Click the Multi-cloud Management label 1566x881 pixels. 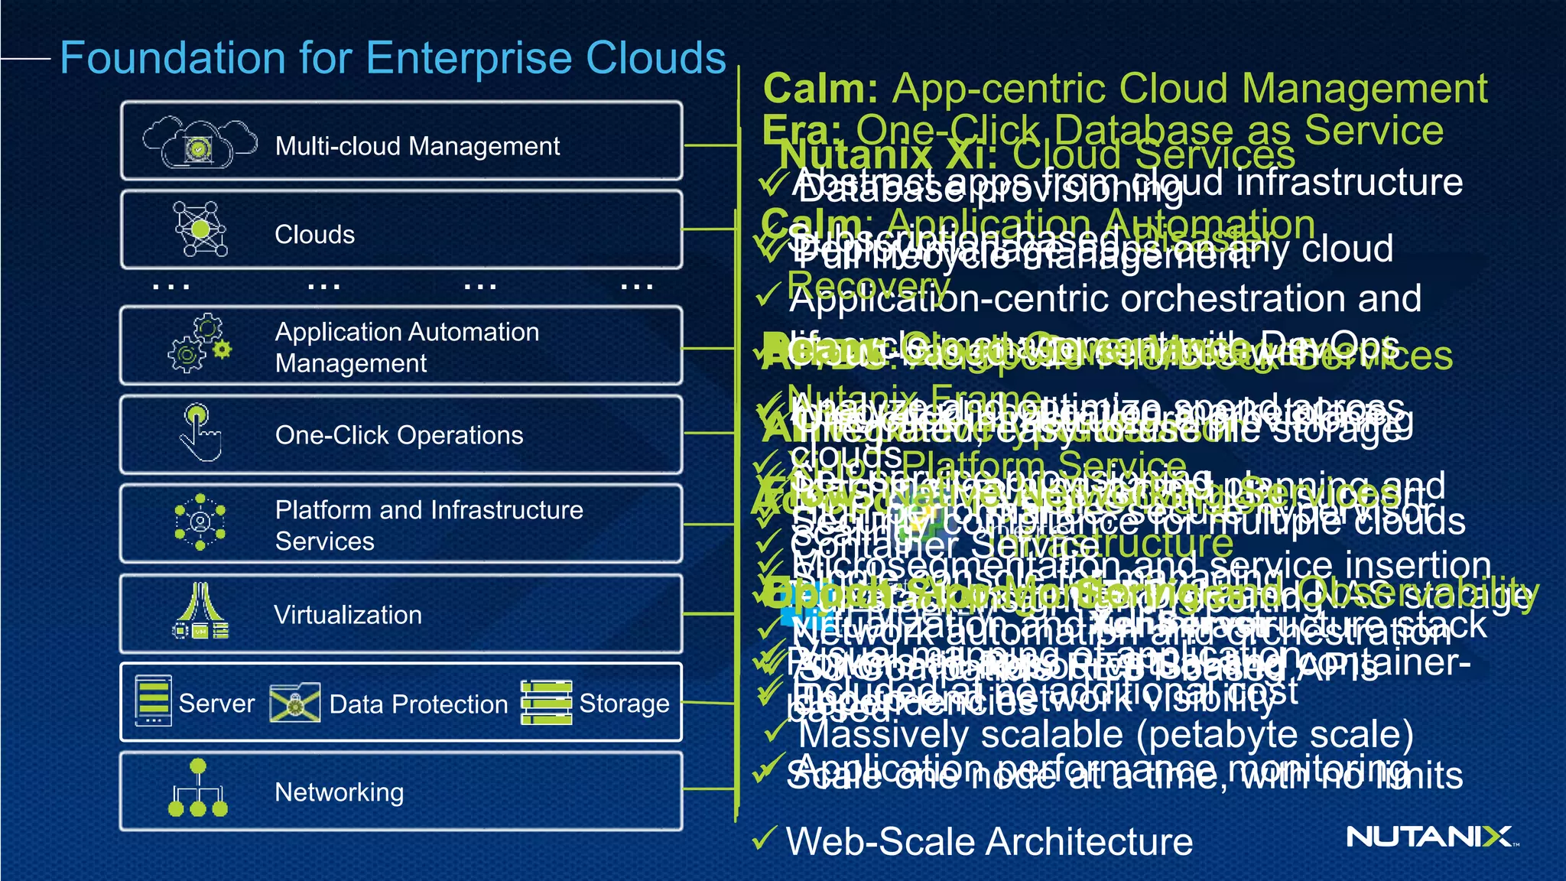click(417, 145)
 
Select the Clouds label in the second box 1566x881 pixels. click(314, 234)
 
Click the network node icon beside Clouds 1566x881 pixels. click(200, 229)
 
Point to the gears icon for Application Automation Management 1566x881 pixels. click(199, 343)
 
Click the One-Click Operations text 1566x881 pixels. click(398, 435)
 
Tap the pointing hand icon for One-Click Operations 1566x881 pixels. click(199, 433)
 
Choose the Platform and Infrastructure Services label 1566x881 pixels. click(428, 525)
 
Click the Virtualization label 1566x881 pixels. click(347, 615)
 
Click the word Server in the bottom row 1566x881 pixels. click(216, 704)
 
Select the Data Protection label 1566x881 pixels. click(418, 704)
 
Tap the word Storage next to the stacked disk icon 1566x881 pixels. click(624, 704)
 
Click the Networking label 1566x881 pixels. click(339, 792)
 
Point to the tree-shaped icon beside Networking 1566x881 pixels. click(198, 788)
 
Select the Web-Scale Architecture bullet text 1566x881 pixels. click(989, 841)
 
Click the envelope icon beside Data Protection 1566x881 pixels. click(294, 703)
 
